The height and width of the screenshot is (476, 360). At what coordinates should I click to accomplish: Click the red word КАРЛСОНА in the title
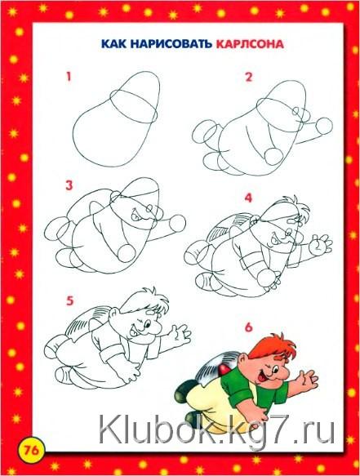tap(250, 44)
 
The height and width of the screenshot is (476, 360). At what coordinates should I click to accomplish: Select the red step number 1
tap(69, 76)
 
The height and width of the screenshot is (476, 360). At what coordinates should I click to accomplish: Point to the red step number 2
tap(249, 77)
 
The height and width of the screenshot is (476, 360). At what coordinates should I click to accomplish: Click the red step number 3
tap(69, 185)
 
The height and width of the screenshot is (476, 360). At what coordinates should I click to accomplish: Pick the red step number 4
tap(249, 198)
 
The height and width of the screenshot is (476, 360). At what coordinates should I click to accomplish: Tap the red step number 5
tap(70, 300)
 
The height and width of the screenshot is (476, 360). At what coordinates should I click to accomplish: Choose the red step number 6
tap(249, 327)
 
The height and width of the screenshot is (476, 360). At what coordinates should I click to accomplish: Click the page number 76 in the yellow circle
tap(32, 450)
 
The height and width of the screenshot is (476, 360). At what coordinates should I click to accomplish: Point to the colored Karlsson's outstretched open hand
tap(307, 380)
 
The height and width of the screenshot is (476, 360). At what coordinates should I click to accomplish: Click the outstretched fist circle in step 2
tap(324, 127)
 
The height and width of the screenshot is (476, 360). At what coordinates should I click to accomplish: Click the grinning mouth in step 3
tap(136, 216)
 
